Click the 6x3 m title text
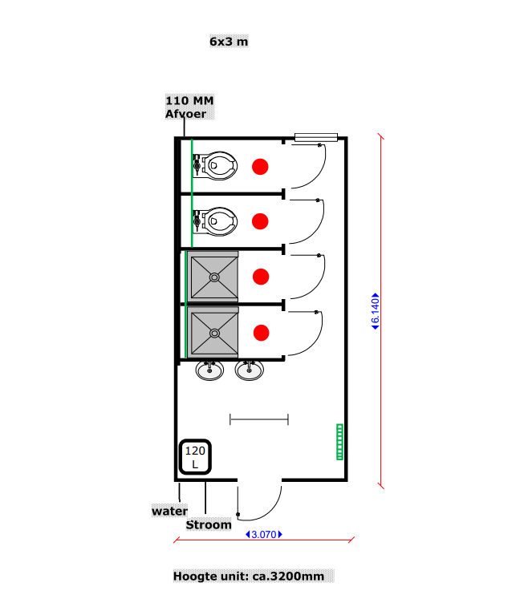229,41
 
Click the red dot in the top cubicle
260,167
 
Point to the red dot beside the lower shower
260,332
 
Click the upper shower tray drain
214,277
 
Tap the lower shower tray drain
214,332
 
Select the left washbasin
209,370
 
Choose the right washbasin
249,370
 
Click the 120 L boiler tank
195,458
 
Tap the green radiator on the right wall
339,441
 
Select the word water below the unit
170,511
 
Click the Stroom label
209,525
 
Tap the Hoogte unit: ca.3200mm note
252,576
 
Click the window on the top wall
315,137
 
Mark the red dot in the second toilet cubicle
260,221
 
